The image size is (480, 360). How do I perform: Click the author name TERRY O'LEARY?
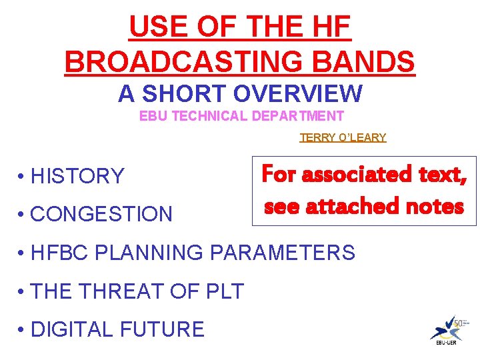click(343, 137)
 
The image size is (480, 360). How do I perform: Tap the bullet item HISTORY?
click(77, 176)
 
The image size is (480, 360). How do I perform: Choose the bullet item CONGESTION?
click(101, 214)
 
